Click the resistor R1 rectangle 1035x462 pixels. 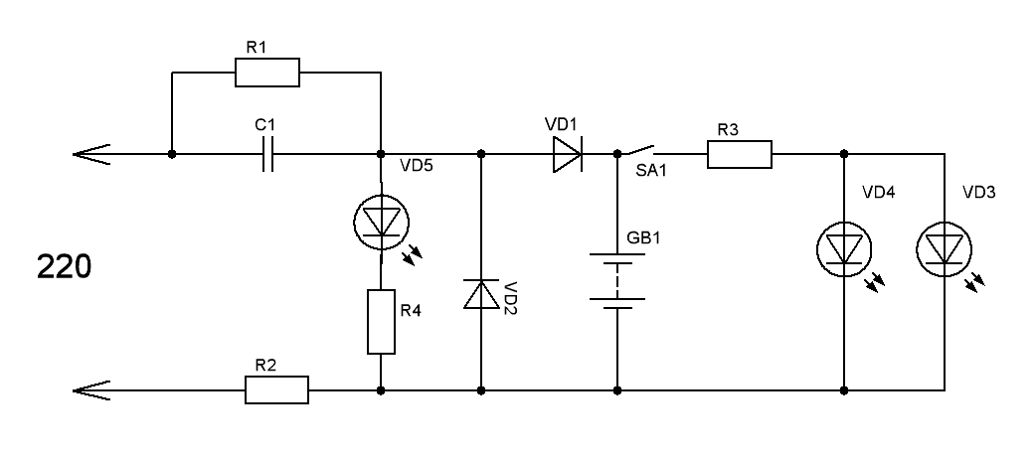[266, 73]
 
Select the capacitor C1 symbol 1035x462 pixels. [265, 155]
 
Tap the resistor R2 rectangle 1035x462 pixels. [276, 389]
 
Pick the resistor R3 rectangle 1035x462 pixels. [740, 155]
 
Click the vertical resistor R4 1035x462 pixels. [381, 322]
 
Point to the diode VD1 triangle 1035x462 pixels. [567, 155]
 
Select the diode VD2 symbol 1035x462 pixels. [481, 296]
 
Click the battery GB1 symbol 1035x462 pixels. [617, 281]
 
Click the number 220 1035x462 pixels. [65, 268]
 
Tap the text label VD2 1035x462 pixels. [511, 297]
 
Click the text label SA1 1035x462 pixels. [650, 171]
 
